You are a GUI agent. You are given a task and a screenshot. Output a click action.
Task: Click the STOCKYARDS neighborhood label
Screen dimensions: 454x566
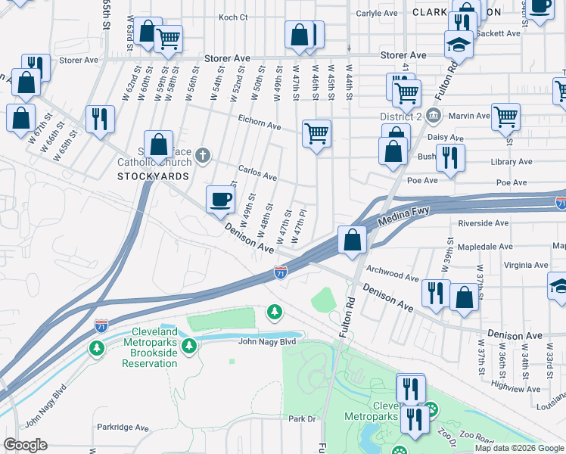[x=154, y=176]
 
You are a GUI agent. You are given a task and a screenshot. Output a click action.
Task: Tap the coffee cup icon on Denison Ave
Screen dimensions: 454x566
[x=220, y=200]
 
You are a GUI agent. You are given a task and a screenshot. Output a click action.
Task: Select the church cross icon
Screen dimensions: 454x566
[x=201, y=156]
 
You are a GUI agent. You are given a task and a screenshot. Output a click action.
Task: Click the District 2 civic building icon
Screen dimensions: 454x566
[x=433, y=116]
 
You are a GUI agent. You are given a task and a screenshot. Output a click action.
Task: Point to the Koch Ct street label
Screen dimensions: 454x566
[x=233, y=17]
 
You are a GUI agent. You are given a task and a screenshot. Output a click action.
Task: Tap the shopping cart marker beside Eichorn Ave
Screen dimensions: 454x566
[x=317, y=133]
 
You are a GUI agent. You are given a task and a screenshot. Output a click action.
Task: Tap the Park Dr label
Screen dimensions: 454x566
[x=300, y=418]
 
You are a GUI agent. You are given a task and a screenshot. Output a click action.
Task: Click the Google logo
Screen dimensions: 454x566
[x=25, y=444]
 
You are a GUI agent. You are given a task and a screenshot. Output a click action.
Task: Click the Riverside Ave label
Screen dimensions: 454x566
[x=484, y=223]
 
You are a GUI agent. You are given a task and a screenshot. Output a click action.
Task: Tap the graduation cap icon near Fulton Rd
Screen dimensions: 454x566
[x=459, y=44]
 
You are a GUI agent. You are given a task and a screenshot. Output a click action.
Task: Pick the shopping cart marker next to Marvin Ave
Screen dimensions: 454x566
[x=505, y=117]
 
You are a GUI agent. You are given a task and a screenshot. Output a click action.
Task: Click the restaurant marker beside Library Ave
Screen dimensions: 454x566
[x=449, y=157]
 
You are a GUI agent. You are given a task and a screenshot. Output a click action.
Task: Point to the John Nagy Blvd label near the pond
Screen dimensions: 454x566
[x=270, y=341]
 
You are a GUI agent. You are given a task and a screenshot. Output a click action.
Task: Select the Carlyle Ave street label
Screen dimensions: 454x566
[x=377, y=13]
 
